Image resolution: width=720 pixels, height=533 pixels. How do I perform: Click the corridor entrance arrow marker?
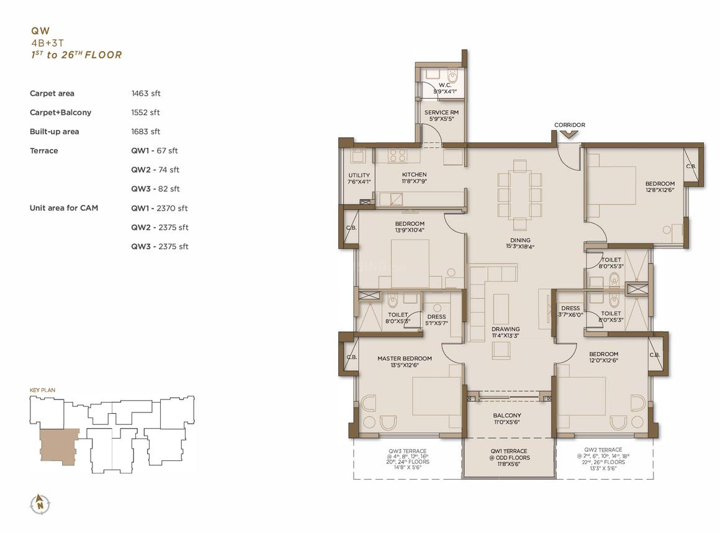[x=569, y=134]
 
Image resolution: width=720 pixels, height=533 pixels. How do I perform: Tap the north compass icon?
[x=40, y=504]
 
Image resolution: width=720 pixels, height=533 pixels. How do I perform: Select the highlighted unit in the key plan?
[x=58, y=447]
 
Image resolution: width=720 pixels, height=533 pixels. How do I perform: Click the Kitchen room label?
[x=414, y=178]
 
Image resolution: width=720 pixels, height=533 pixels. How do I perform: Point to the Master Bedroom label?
[x=405, y=362]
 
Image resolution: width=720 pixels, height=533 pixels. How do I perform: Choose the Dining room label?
[x=520, y=243]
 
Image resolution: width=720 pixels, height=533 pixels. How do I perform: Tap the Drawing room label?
[x=506, y=332]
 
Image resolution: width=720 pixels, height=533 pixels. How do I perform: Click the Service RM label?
[x=441, y=116]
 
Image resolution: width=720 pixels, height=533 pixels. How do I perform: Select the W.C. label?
[x=445, y=88]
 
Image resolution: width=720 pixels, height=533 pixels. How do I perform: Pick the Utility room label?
[x=359, y=178]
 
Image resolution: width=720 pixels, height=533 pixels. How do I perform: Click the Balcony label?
[x=507, y=419]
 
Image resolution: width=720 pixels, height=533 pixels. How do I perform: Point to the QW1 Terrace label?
[x=508, y=458]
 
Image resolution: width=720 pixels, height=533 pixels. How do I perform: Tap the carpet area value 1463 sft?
[x=146, y=93]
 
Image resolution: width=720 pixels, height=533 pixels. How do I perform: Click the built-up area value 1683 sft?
[x=146, y=132]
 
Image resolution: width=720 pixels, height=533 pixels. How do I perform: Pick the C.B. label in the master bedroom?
[x=352, y=357]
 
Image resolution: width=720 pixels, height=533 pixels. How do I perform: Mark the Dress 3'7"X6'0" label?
[x=570, y=311]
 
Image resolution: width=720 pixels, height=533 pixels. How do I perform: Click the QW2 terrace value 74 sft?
[x=155, y=170]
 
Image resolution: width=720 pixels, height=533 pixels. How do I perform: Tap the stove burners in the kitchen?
[x=397, y=155]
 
